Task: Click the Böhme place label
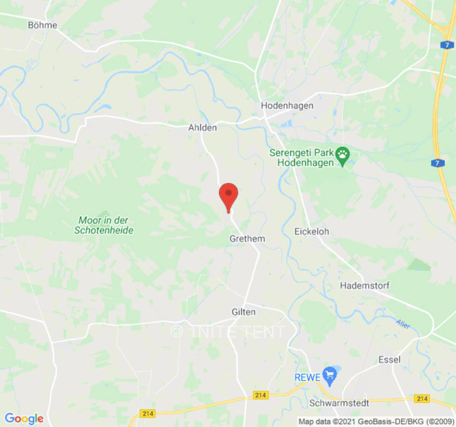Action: [43, 25]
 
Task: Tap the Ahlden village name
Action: [203, 128]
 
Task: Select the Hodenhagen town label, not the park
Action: [287, 106]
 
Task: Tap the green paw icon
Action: [342, 156]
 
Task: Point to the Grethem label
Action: [247, 239]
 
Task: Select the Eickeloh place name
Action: [312, 232]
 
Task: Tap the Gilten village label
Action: [244, 312]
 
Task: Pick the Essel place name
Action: [389, 359]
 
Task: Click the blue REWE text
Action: [307, 377]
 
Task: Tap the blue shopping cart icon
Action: [329, 376]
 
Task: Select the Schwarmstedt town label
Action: [339, 403]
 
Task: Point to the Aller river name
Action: [402, 323]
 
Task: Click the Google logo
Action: [24, 418]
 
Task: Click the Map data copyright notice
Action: [376, 422]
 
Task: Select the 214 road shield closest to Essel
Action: [422, 399]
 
